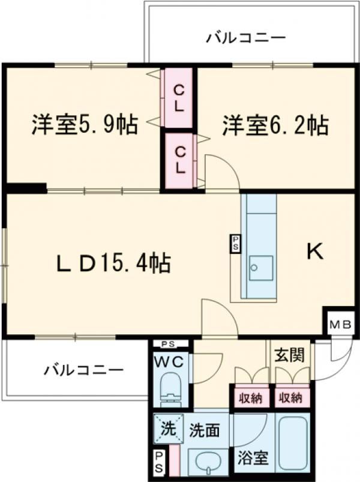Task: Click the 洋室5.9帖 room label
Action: pyautogui.click(x=85, y=124)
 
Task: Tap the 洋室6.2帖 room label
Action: pyautogui.click(x=275, y=125)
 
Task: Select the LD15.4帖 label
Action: pyautogui.click(x=113, y=263)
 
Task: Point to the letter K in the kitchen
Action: pyautogui.click(x=315, y=251)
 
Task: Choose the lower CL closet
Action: pyautogui.click(x=179, y=160)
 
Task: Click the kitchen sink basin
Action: pyautogui.click(x=261, y=268)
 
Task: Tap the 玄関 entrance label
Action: pyautogui.click(x=290, y=354)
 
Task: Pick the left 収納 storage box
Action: pyautogui.click(x=251, y=398)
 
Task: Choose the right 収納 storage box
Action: pyautogui.click(x=290, y=398)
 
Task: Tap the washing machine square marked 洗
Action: pyautogui.click(x=169, y=429)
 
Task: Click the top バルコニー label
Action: pyautogui.click(x=246, y=38)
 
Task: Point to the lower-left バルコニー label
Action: pyautogui.click(x=83, y=370)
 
